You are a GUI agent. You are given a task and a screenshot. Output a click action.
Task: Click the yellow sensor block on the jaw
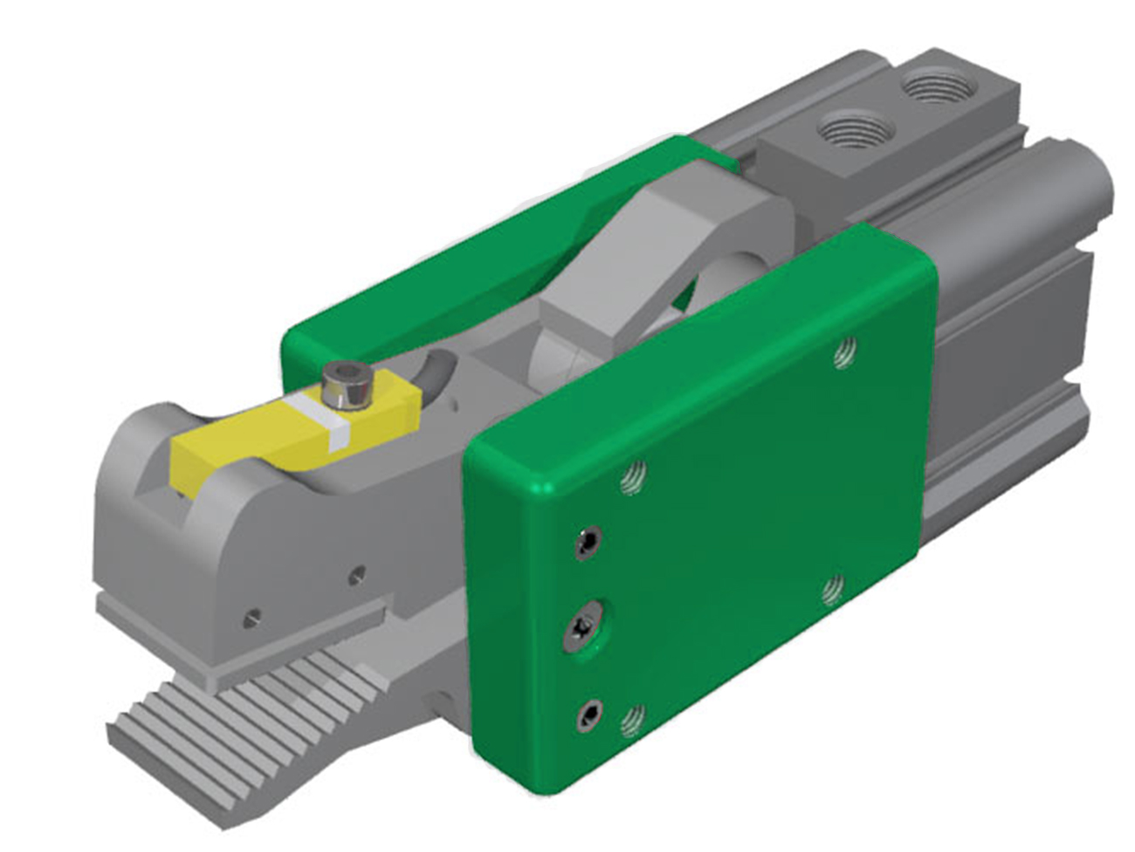(x=262, y=437)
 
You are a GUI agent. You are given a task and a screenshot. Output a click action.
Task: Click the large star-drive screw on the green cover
(x=583, y=629)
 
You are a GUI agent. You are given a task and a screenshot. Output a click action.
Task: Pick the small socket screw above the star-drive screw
(x=588, y=544)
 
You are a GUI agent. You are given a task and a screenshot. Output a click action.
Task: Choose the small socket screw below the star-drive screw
(x=586, y=717)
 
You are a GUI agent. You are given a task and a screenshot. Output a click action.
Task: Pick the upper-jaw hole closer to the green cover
(x=356, y=575)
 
